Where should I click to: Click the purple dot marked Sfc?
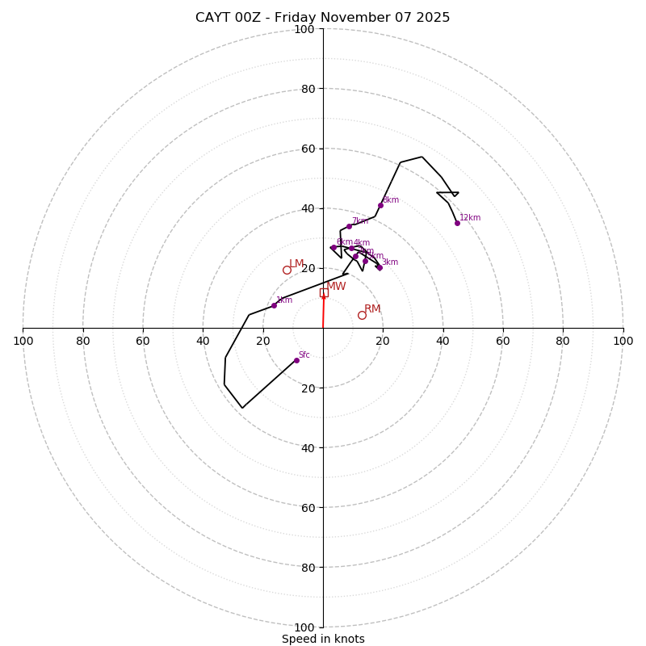pyautogui.click(x=296, y=360)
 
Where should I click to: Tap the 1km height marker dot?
pyautogui.click(x=274, y=305)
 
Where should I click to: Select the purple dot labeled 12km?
pyautogui.click(x=457, y=223)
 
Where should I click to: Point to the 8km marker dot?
pyautogui.click(x=380, y=205)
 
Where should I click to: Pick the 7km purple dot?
pyautogui.click(x=349, y=226)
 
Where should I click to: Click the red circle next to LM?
pyautogui.click(x=287, y=270)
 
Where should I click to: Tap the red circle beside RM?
pyautogui.click(x=362, y=315)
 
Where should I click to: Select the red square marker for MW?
pyautogui.click(x=324, y=293)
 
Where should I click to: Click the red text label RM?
pyautogui.click(x=372, y=309)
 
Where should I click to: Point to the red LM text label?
pyautogui.click(x=296, y=264)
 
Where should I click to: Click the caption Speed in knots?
pyautogui.click(x=323, y=639)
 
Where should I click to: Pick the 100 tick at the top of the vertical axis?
pyautogui.click(x=304, y=29)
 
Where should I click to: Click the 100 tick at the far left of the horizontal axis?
pyautogui.click(x=23, y=341)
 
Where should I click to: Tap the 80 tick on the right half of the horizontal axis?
pyautogui.click(x=563, y=341)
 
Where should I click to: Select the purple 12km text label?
pyautogui.click(x=470, y=217)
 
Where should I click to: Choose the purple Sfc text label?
pyautogui.click(x=304, y=354)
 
